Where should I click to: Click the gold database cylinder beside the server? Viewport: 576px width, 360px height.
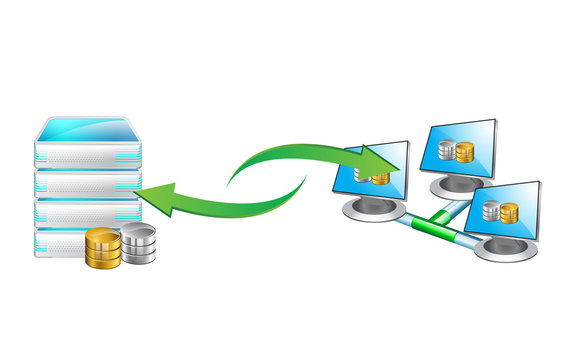tap(103, 248)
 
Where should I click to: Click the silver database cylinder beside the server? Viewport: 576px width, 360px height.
tap(138, 244)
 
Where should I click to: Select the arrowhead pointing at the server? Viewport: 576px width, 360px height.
tap(150, 196)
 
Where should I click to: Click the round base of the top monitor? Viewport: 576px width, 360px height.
tap(456, 187)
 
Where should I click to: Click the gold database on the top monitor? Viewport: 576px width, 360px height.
tap(465, 152)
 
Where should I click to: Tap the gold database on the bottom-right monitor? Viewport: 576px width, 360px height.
tap(509, 213)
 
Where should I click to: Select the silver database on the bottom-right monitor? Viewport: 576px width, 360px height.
tap(491, 210)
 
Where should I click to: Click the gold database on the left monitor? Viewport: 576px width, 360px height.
tap(380, 178)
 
